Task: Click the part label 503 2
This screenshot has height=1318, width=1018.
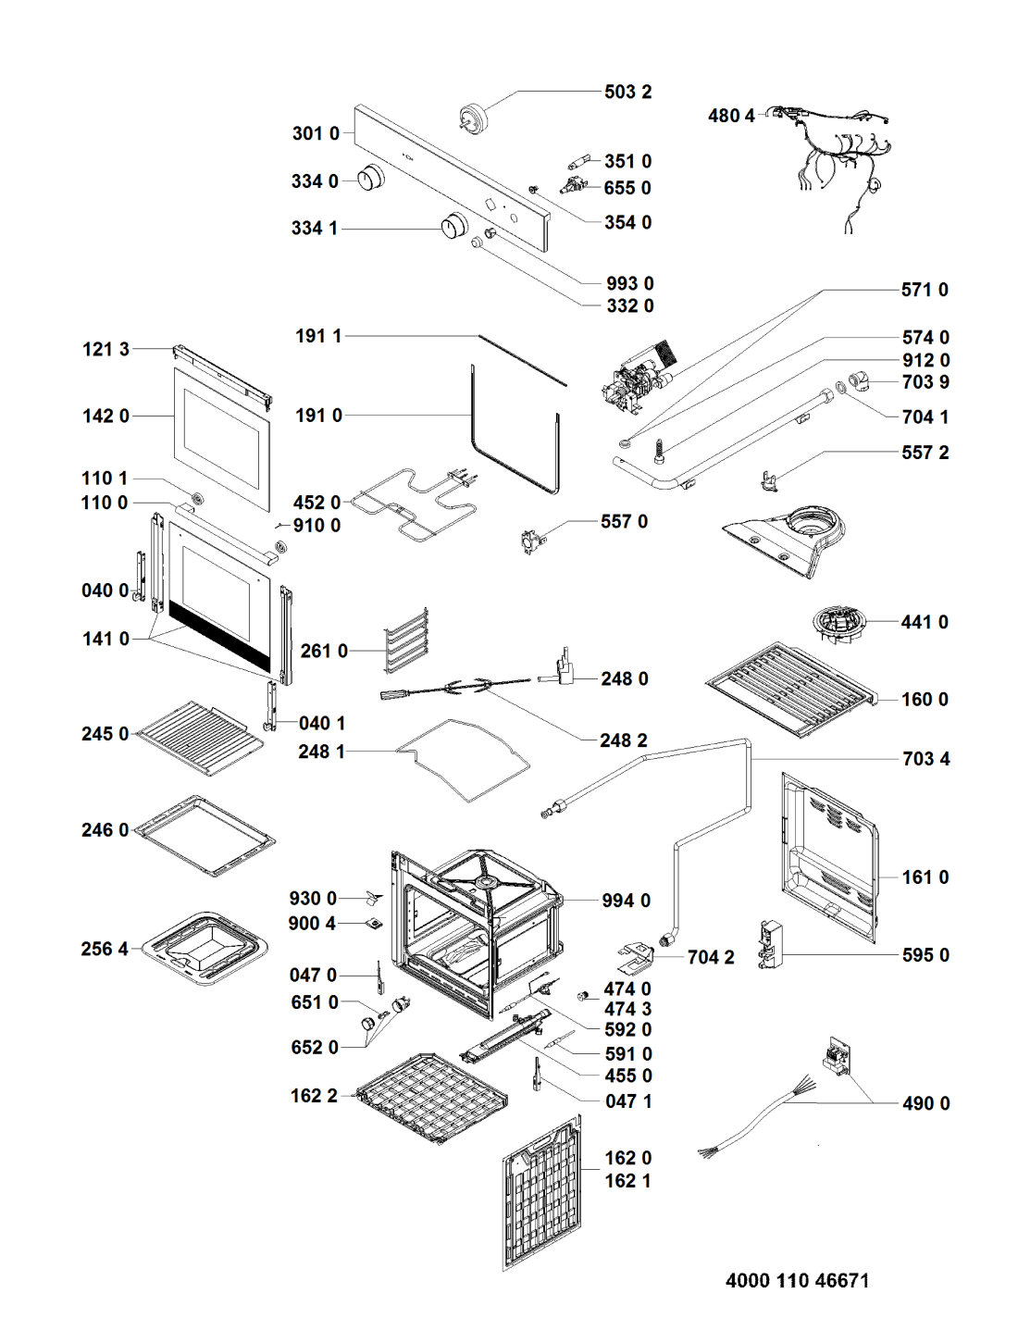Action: point(627,92)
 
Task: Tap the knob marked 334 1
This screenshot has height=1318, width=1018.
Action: point(453,226)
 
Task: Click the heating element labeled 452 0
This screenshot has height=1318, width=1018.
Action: point(416,504)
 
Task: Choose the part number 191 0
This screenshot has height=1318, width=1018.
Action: point(318,416)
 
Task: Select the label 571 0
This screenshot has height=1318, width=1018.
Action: point(925,290)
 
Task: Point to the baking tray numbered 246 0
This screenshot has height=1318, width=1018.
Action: point(205,835)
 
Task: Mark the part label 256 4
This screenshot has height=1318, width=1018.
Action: point(104,949)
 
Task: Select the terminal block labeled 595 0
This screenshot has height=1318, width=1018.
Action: point(771,945)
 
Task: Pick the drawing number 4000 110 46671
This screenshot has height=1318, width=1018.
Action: point(797,1281)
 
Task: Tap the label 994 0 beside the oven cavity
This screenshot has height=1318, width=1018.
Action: point(626,901)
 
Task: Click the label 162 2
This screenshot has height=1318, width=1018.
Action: point(314,1096)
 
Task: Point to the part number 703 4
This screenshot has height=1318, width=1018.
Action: point(925,759)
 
